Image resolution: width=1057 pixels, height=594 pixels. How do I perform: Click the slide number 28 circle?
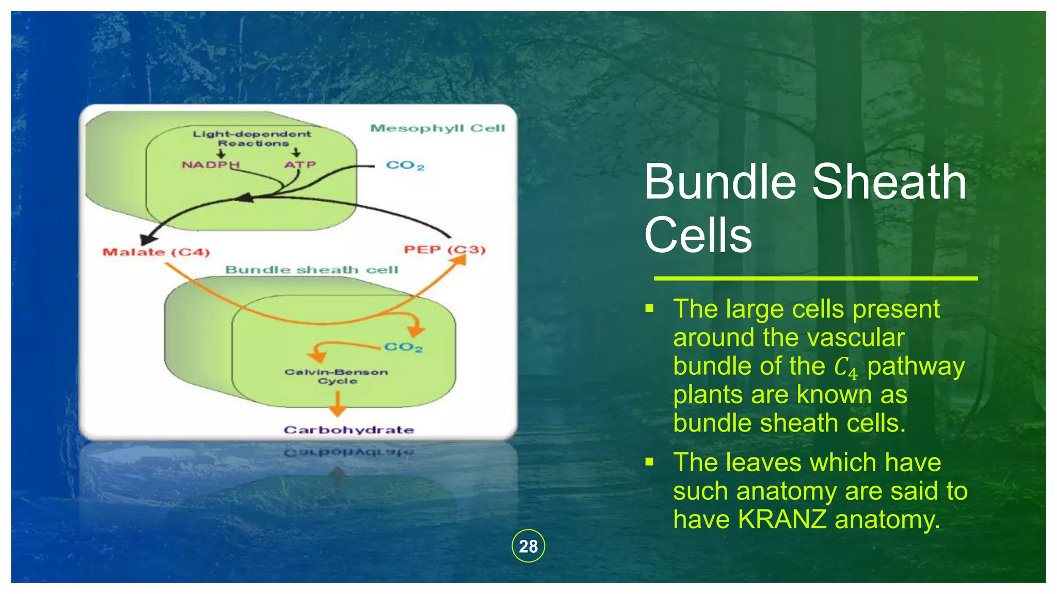(x=528, y=546)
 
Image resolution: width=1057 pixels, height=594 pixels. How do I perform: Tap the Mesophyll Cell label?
(x=437, y=128)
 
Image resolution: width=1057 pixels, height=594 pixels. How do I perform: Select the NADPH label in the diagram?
(x=211, y=164)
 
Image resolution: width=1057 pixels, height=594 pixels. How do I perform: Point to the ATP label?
(x=299, y=164)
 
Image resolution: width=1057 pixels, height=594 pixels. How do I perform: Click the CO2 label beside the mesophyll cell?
(x=405, y=166)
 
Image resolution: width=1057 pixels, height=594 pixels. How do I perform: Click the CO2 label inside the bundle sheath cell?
(x=403, y=347)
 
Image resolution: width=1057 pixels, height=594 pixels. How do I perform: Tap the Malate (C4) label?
(x=156, y=252)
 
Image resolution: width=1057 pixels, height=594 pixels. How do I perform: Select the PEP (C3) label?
(x=444, y=250)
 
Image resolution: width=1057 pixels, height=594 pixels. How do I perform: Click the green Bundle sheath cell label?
(x=312, y=270)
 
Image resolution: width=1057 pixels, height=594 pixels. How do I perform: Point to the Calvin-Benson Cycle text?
(x=336, y=376)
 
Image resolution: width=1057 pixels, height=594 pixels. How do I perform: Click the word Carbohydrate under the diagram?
(x=349, y=430)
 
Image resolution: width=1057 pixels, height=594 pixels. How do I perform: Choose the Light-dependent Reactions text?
(x=252, y=138)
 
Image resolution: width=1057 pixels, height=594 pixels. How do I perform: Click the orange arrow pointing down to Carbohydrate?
(x=338, y=404)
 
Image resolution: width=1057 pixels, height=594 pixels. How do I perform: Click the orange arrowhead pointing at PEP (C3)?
(x=457, y=259)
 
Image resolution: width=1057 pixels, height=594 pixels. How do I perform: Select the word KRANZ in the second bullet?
(x=782, y=519)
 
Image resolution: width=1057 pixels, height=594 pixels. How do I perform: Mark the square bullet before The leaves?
(x=649, y=461)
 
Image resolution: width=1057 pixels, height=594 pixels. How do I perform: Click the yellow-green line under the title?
(x=815, y=278)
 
